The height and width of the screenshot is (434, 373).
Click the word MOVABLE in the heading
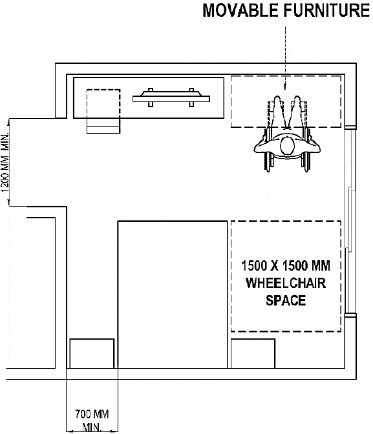pos(240,10)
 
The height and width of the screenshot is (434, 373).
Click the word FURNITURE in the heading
pos(326,10)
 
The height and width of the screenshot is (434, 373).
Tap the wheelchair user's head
pos(288,146)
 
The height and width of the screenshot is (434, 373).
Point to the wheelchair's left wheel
pos(267,149)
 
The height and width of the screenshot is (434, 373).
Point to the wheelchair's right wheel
pos(307,149)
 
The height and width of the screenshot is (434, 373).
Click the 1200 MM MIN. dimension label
pos(5,163)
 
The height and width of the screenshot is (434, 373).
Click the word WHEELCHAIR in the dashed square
pos(286,283)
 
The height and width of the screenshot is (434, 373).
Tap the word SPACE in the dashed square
pos(286,300)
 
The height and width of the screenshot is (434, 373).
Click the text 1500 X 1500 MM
pos(286,265)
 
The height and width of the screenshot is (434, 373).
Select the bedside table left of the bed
pos(92,353)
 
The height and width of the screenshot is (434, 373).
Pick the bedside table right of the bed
pos(253,353)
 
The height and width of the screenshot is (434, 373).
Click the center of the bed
pos(173,294)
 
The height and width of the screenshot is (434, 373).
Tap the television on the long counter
pos(171,98)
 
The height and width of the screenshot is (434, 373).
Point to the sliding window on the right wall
pos(350,222)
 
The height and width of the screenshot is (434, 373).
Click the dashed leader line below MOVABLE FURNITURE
pos(285,58)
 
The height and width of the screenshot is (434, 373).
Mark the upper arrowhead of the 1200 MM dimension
pos(9,121)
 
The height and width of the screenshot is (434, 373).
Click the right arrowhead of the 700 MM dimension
pos(114,431)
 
